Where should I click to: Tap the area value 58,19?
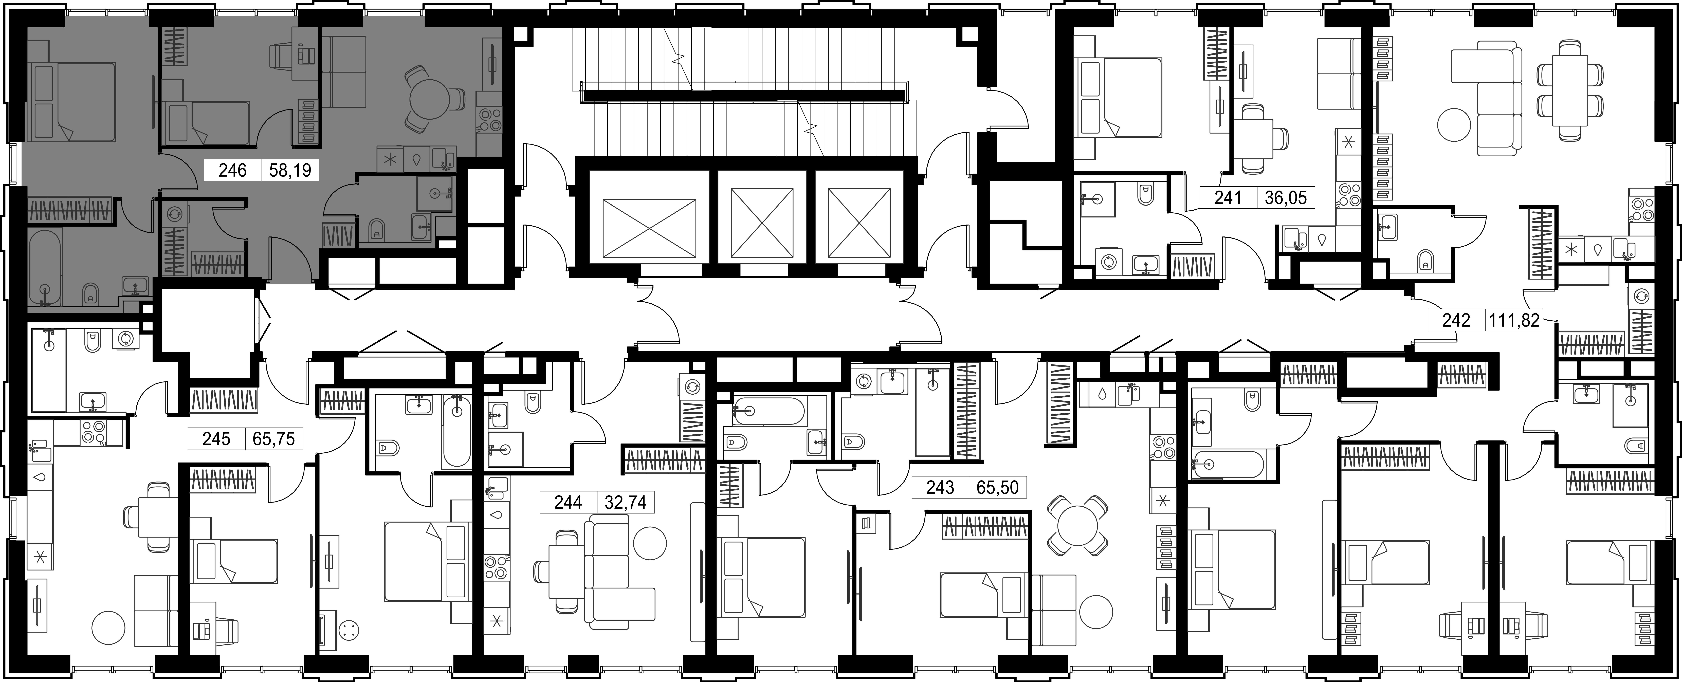[x=290, y=171]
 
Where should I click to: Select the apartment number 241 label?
[x=1228, y=197]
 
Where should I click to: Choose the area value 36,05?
[x=1286, y=197]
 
